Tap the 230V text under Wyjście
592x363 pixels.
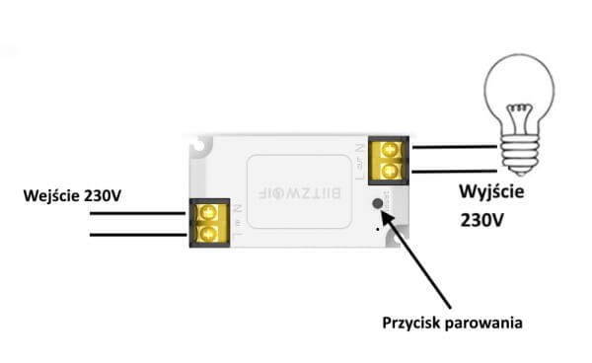pyautogui.click(x=482, y=222)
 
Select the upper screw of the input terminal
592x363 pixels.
pyautogui.click(x=208, y=212)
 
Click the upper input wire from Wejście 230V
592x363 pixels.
pyautogui.click(x=138, y=216)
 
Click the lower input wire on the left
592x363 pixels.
pyautogui.click(x=138, y=235)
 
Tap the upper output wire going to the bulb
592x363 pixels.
pyautogui.click(x=454, y=148)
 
